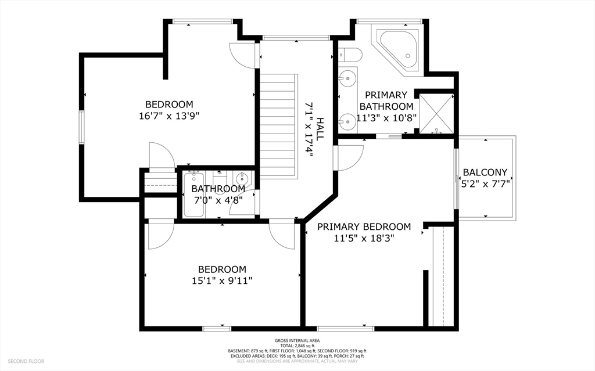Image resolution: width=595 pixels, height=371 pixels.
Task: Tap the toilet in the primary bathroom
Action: point(349,55)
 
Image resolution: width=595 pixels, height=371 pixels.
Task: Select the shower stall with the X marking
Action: point(436,113)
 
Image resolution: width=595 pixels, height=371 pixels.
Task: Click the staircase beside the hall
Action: point(278,127)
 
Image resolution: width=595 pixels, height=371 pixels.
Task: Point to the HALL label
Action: point(320,129)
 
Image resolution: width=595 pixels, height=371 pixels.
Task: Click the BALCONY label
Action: point(485,172)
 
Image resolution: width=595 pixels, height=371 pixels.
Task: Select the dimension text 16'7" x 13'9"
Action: point(169,116)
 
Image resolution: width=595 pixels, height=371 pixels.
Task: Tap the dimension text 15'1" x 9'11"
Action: point(222,280)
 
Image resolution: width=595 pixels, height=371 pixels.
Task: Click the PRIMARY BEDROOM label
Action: point(364,227)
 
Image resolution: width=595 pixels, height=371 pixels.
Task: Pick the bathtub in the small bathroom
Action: point(193,194)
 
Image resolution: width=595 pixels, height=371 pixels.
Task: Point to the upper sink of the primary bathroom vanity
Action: point(346,79)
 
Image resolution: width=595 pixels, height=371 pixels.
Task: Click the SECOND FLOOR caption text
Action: point(26,361)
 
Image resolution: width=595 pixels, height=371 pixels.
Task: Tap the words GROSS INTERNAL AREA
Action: point(297,341)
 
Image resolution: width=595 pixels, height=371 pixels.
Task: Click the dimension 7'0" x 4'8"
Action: point(218,200)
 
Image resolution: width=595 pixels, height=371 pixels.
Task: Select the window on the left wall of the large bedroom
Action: point(81,127)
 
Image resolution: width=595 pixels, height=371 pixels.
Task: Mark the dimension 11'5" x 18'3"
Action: point(364,238)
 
